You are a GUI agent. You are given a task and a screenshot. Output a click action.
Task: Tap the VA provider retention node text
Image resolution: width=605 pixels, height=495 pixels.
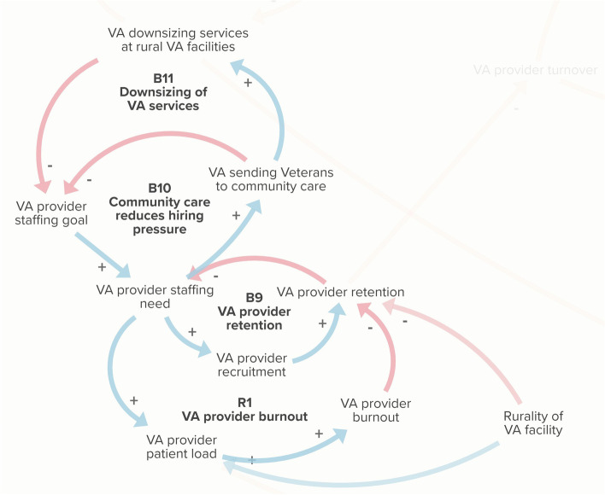[340, 292]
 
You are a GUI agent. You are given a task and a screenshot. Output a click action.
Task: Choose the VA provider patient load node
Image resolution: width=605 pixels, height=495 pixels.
[180, 446]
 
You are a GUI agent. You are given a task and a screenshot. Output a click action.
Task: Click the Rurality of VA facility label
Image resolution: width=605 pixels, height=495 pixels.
[532, 422]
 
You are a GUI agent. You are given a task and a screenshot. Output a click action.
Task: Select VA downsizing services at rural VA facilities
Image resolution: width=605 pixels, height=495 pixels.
[184, 39]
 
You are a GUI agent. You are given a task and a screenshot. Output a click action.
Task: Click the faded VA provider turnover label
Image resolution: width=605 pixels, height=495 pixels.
[535, 70]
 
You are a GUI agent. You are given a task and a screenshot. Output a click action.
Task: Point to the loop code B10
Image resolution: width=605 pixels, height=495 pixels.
[160, 188]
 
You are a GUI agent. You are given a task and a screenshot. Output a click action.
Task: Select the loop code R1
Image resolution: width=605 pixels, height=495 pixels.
[245, 402]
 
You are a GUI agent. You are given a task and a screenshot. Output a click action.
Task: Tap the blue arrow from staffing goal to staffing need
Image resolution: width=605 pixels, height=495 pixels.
[101, 254]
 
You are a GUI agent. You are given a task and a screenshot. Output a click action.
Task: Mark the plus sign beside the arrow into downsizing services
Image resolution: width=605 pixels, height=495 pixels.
[249, 83]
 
